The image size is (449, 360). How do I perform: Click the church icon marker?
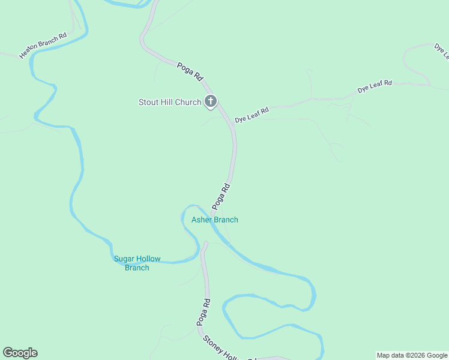(x=210, y=102)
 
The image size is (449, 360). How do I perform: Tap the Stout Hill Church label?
(x=170, y=102)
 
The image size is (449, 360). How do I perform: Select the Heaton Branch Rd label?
(x=43, y=46)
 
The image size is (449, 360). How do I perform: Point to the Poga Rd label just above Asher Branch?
(x=221, y=196)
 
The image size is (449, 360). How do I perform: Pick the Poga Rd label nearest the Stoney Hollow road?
(x=203, y=312)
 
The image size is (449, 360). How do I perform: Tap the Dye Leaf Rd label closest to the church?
(x=252, y=115)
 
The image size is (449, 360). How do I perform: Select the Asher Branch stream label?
(x=214, y=220)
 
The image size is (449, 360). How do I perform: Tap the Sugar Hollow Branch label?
(x=137, y=263)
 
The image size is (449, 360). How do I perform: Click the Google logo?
(x=20, y=353)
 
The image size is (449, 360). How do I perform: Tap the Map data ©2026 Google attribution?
(x=412, y=355)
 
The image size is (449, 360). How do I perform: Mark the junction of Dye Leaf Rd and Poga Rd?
(x=232, y=126)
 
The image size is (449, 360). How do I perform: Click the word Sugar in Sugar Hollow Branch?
(x=123, y=259)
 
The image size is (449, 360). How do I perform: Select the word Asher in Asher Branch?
(x=202, y=220)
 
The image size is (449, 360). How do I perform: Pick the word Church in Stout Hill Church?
(x=188, y=102)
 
